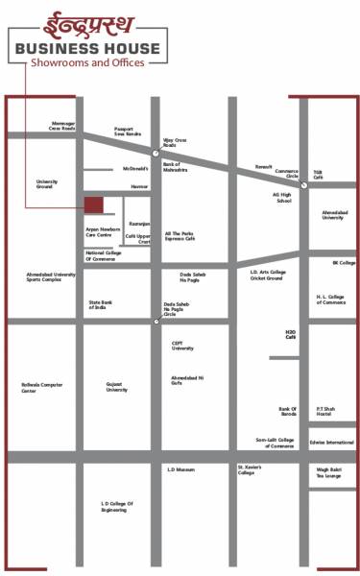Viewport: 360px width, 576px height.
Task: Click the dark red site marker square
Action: click(x=94, y=205)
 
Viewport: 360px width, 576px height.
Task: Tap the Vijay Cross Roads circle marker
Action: click(x=156, y=152)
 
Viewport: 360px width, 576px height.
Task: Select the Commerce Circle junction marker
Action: click(x=302, y=186)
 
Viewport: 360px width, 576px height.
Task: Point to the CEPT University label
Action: click(x=182, y=347)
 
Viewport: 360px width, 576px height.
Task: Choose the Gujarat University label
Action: click(x=117, y=387)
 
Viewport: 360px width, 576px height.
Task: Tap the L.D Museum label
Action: click(x=180, y=469)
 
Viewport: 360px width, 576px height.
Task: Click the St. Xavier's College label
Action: click(x=249, y=471)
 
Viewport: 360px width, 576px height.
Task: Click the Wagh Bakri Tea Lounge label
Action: click(x=328, y=472)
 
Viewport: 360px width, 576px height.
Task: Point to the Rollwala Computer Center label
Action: click(x=41, y=388)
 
